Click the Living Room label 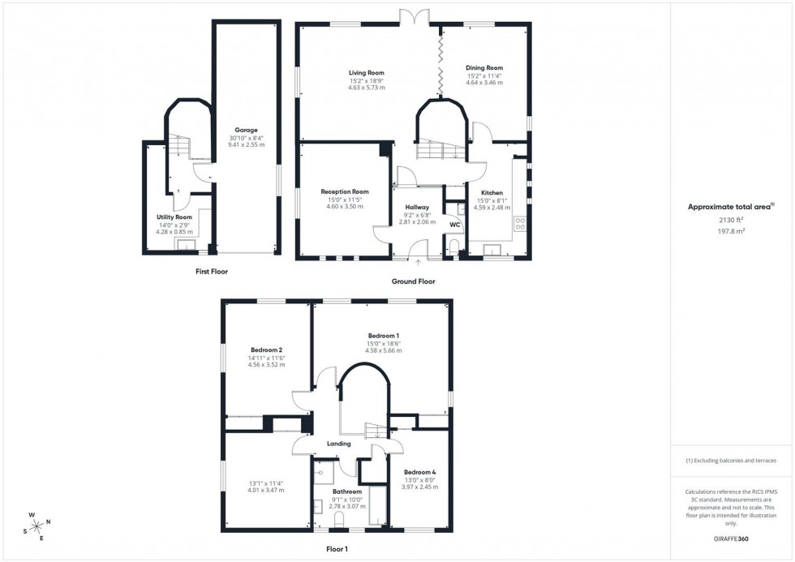367,73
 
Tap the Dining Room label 484,68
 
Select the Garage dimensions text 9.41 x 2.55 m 246,144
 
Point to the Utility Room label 174,217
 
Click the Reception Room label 344,192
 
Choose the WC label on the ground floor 455,224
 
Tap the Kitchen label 492,193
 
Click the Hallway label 417,208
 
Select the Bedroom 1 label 384,336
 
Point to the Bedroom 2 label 266,350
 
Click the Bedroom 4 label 420,473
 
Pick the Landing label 338,444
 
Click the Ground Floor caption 414,281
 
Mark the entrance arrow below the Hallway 419,262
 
